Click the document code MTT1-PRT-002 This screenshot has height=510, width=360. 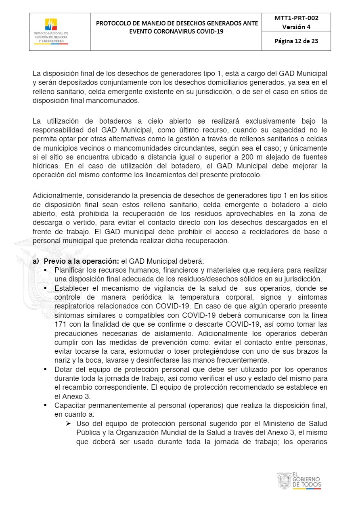(296, 18)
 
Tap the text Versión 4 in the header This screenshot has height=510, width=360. (296, 27)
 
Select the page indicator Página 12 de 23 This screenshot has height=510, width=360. (296, 41)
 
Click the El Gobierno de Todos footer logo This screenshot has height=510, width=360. (299, 481)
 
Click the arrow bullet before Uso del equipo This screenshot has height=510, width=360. (68, 424)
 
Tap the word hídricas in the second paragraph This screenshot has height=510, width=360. (45, 166)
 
